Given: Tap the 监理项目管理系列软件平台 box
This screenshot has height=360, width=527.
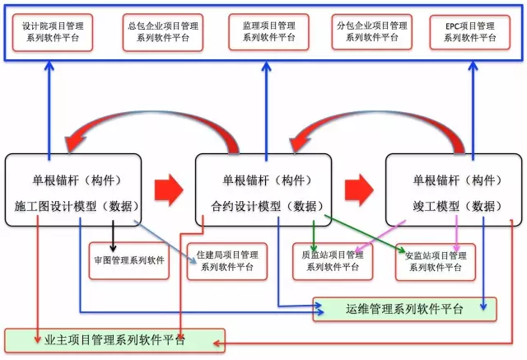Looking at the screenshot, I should tap(269, 32).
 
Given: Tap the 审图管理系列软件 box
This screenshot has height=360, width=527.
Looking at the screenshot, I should tap(129, 260).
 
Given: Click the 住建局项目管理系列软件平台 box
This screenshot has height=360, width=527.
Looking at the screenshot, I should tap(226, 260).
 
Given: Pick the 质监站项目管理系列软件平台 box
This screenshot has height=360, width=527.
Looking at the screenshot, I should tap(332, 260).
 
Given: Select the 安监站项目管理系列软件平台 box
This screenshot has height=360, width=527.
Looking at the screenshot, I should tap(436, 260).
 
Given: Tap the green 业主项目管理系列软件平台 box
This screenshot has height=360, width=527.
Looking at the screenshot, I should tap(114, 339).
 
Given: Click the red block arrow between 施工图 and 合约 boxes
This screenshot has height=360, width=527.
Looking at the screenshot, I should tap(168, 189).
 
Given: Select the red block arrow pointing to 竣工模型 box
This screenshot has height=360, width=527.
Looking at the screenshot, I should tap(357, 189).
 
